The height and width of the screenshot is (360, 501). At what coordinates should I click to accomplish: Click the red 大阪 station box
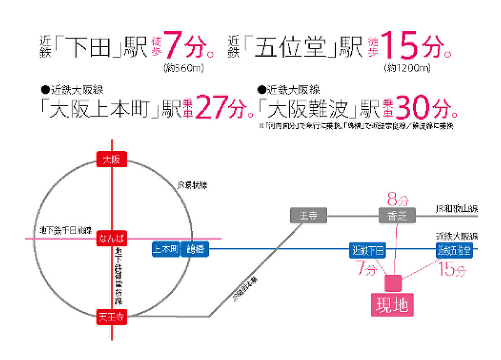[x=112, y=159]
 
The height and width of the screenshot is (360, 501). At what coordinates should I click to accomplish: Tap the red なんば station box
[x=112, y=238]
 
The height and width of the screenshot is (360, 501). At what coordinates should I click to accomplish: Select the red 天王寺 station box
[x=112, y=317]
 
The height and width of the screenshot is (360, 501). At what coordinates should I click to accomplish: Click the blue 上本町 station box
[x=166, y=250]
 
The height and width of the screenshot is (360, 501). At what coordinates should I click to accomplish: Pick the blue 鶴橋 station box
[x=195, y=250]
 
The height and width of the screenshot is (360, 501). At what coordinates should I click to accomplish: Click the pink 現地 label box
[x=392, y=306]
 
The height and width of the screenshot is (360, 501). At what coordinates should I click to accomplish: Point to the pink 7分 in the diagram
[x=364, y=270]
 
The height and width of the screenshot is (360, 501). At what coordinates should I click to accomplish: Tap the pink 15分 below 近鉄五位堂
[x=452, y=270]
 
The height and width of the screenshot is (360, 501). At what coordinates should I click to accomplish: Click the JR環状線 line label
[x=192, y=185]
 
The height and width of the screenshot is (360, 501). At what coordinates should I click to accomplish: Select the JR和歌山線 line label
[x=456, y=209]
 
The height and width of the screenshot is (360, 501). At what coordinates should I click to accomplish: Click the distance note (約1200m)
[x=407, y=69]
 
